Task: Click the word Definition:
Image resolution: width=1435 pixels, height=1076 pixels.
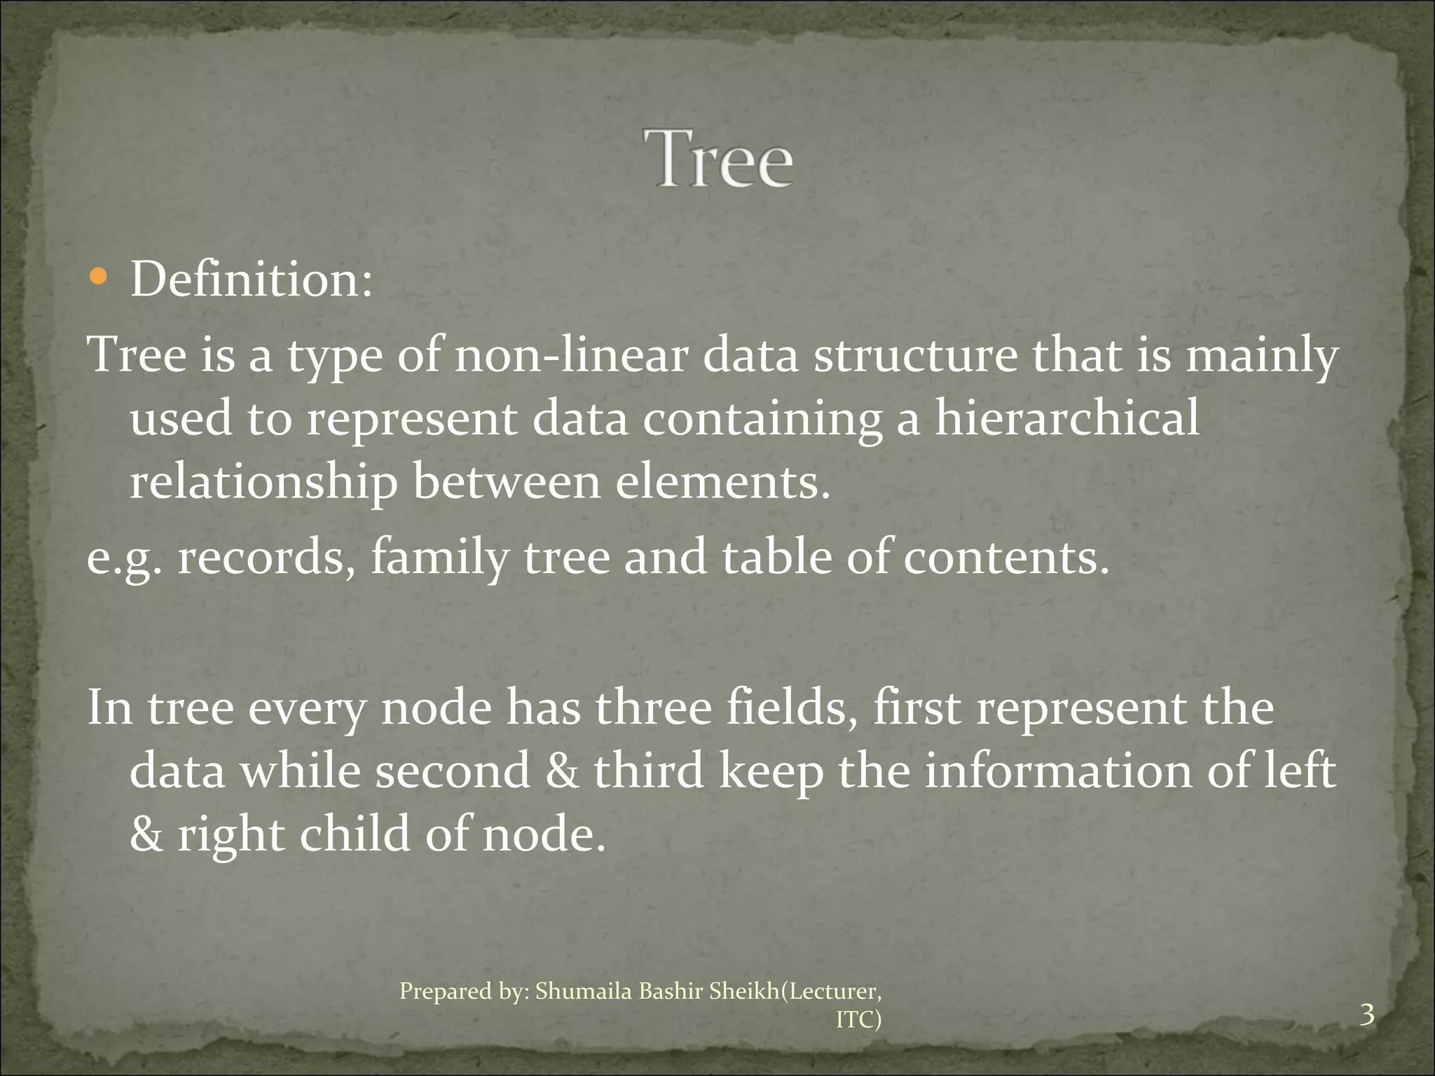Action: point(252,280)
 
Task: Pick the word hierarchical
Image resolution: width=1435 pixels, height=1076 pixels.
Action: point(1066,419)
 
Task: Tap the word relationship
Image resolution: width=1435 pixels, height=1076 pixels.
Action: point(263,484)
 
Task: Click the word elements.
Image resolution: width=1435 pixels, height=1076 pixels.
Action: point(722,483)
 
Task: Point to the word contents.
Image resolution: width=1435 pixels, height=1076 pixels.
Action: point(1006,558)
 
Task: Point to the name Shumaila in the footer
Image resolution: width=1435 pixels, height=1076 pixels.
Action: point(583,991)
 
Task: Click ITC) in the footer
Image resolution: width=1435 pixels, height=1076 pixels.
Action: point(858,1020)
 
